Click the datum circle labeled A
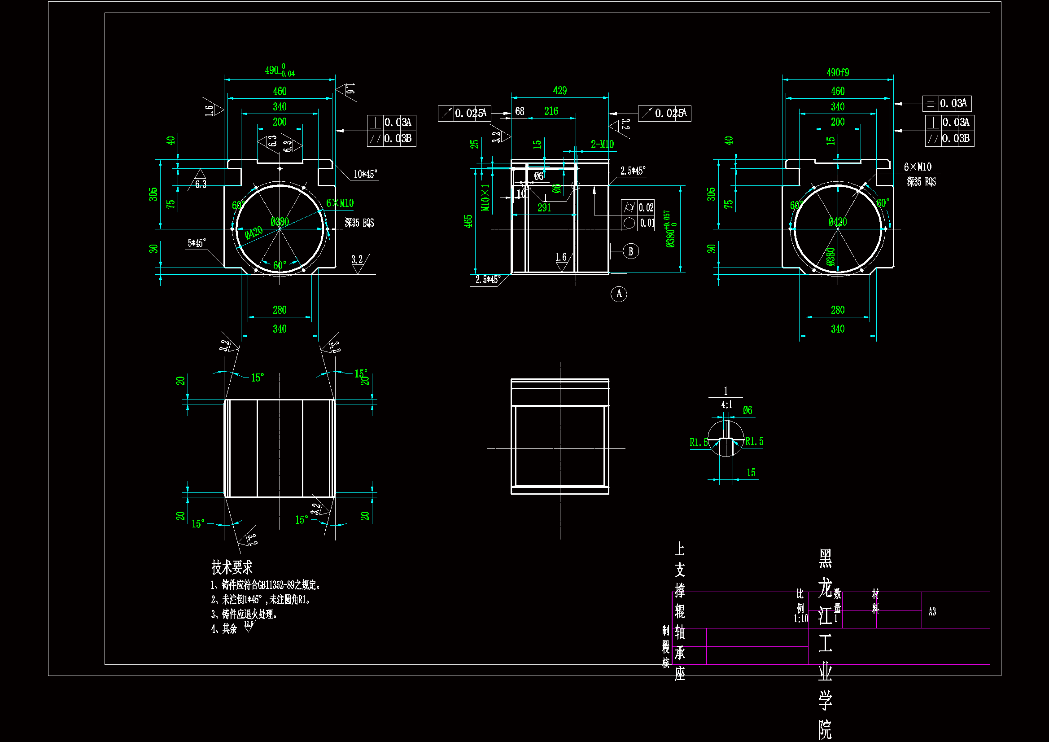click(x=619, y=294)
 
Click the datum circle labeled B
click(x=630, y=251)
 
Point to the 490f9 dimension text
click(x=838, y=73)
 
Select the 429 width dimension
click(x=559, y=91)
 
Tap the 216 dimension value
click(x=551, y=111)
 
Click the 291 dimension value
click(x=544, y=207)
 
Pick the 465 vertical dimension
click(x=468, y=221)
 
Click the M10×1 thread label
click(x=485, y=198)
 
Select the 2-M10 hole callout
click(x=602, y=145)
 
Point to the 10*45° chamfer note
click(x=366, y=174)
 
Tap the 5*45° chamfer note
click(x=197, y=243)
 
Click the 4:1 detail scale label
click(x=726, y=404)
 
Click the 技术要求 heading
click(x=232, y=567)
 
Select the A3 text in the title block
click(x=932, y=612)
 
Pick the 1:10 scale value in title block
click(x=800, y=619)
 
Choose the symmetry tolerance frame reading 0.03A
click(x=947, y=104)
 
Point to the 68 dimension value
click(x=520, y=111)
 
